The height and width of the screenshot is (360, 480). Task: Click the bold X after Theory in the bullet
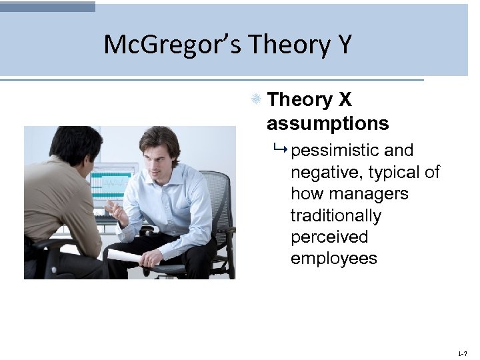(x=345, y=100)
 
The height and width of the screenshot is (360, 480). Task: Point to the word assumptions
(x=327, y=123)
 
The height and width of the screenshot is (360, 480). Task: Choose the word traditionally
(x=335, y=215)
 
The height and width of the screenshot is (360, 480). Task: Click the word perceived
(x=329, y=237)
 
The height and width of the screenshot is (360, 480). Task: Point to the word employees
(x=333, y=259)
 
